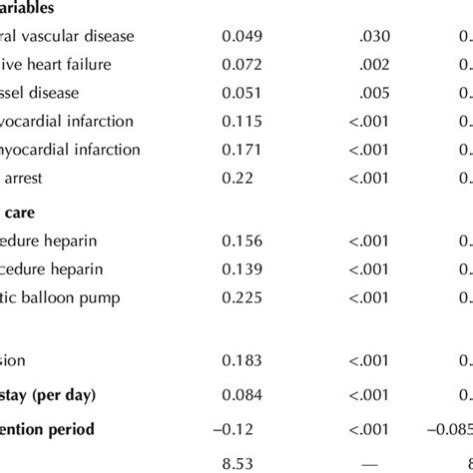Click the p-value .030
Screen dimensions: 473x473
click(x=374, y=36)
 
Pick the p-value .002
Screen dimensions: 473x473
click(x=374, y=65)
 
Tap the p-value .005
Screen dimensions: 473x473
click(x=374, y=93)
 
